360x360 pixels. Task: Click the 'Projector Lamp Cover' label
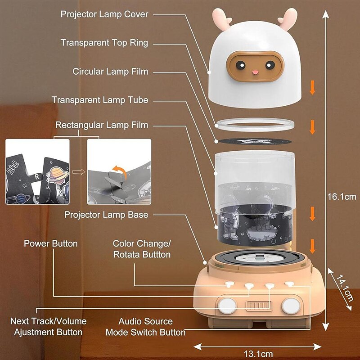[104, 14]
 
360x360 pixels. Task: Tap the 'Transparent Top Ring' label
[104, 43]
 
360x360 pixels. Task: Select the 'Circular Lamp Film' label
[110, 72]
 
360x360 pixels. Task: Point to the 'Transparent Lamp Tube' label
[99, 100]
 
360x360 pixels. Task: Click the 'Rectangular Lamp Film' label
[101, 125]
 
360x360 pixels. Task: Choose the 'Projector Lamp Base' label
[106, 215]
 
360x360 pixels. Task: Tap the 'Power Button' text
[50, 243]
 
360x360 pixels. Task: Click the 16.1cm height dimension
[342, 197]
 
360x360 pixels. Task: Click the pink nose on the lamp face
[255, 72]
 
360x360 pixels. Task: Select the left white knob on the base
[227, 306]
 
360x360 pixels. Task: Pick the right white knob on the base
[290, 306]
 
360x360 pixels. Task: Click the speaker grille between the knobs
[258, 306]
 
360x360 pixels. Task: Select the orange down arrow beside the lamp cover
[312, 87]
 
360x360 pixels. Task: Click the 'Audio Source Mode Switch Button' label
[145, 327]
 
